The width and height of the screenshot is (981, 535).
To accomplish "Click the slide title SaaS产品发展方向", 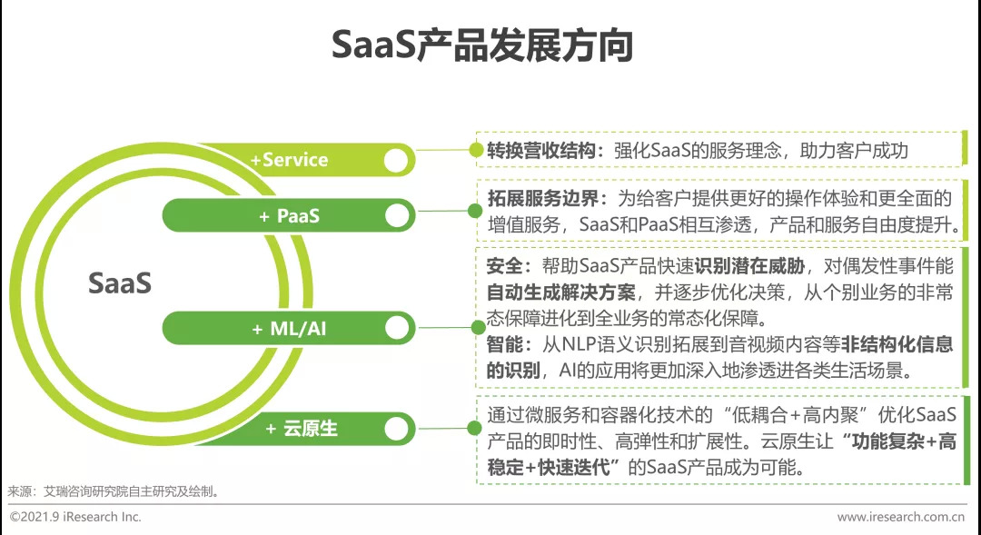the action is point(481,45).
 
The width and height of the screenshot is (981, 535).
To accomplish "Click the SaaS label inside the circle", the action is point(119,283).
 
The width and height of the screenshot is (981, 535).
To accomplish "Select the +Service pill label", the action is point(289,160).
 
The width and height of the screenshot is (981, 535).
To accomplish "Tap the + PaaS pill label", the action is point(289,216).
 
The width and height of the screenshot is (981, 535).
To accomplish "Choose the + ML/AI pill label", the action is point(289,329).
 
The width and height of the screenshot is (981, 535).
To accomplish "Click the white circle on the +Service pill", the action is point(396,161).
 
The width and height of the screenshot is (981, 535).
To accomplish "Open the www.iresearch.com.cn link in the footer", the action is point(900,517).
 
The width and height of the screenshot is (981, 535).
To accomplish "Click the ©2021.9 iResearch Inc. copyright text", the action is point(75,517).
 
